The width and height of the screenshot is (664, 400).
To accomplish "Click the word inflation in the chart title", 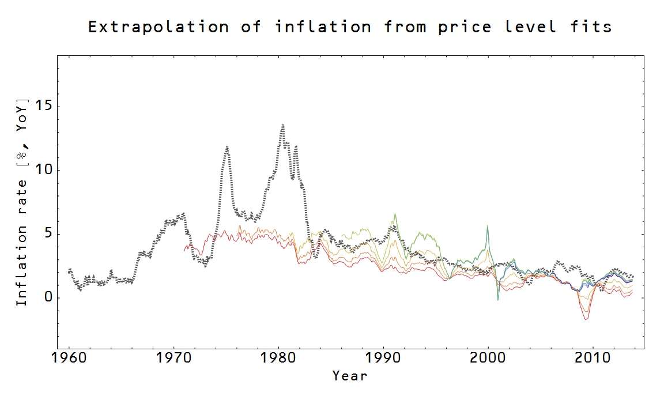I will (x=323, y=27).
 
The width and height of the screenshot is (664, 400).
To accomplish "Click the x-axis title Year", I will (x=349, y=376).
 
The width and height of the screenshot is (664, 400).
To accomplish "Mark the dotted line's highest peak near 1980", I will (x=282, y=124).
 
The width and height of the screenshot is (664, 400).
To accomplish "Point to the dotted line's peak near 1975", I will (x=227, y=147).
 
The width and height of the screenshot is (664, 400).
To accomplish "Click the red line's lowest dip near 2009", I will (x=586, y=319).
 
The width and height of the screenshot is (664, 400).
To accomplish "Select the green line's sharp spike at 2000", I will (x=488, y=226).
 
